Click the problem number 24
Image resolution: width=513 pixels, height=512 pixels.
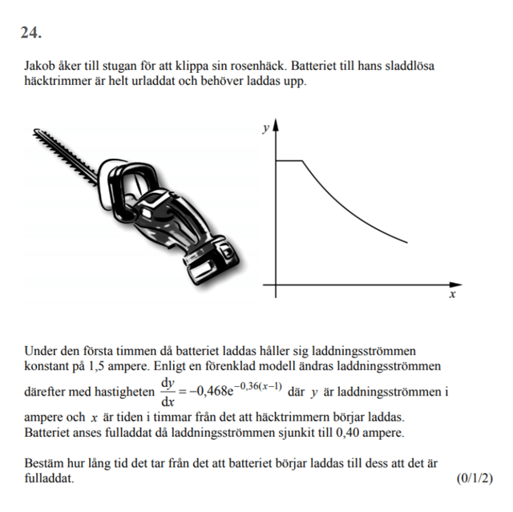(x=31, y=33)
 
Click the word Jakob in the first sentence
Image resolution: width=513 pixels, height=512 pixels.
(x=39, y=67)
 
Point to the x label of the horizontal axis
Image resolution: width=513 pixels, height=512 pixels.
(x=452, y=296)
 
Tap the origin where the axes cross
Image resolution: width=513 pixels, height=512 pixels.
(x=276, y=284)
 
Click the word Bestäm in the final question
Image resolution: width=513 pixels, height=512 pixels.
(x=45, y=463)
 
